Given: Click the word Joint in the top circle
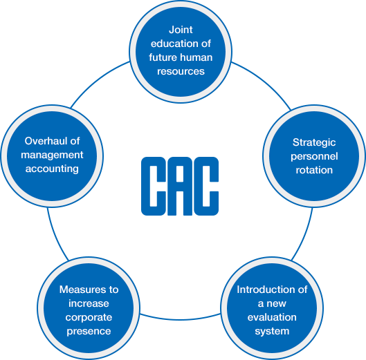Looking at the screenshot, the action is pyautogui.click(x=181, y=30).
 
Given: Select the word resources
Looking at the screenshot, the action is pyautogui.click(x=181, y=71).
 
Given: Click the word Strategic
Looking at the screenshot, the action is pyautogui.click(x=314, y=143).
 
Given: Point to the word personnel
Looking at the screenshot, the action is pyautogui.click(x=314, y=157).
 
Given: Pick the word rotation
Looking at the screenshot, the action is pyautogui.click(x=314, y=170).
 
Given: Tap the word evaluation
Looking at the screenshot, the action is pyautogui.click(x=272, y=317).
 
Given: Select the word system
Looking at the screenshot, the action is pyautogui.click(x=272, y=332).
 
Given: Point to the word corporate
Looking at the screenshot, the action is pyautogui.click(x=89, y=318).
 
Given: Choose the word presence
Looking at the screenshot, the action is pyautogui.click(x=89, y=332).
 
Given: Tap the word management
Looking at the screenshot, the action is pyautogui.click(x=52, y=155).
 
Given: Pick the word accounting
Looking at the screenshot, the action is pyautogui.click(x=52, y=169).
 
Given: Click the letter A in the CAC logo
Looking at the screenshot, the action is pyautogui.click(x=180, y=186).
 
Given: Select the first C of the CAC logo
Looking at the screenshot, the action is pyautogui.click(x=154, y=186).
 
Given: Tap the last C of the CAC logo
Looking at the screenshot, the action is pyautogui.click(x=206, y=186).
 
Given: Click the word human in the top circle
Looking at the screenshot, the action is pyautogui.click(x=198, y=57).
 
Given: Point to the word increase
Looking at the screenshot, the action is pyautogui.click(x=89, y=303).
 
